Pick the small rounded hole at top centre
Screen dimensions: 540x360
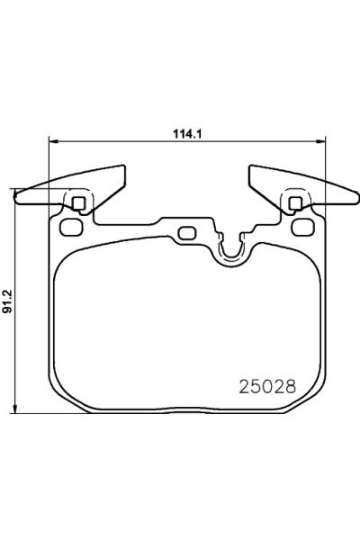[x=187, y=234]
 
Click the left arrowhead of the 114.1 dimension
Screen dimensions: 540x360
[x=51, y=140]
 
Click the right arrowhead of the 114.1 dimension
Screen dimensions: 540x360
[x=320, y=140]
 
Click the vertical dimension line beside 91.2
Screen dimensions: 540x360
[x=16, y=342]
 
